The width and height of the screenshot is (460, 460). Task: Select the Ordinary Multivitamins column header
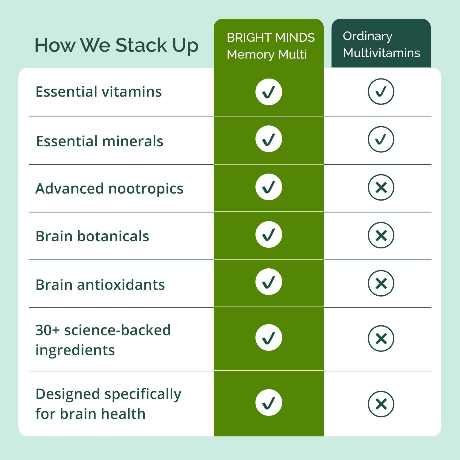(x=381, y=44)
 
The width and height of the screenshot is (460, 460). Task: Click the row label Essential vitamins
(x=99, y=92)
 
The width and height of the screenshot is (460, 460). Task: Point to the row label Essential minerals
(x=100, y=141)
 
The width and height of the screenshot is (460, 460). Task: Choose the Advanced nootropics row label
(x=109, y=189)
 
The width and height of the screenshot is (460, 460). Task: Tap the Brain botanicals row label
(x=92, y=236)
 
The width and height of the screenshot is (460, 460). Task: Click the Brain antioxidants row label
(x=100, y=285)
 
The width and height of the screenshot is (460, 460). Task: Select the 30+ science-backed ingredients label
(x=103, y=340)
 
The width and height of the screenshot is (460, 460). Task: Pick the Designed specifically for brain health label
(x=108, y=404)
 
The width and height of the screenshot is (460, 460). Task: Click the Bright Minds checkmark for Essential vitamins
(x=269, y=92)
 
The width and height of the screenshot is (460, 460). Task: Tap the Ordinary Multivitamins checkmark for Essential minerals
(x=381, y=139)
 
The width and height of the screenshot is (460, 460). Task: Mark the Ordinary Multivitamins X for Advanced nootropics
(x=381, y=187)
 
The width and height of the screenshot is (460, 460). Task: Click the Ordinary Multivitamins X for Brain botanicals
(x=381, y=235)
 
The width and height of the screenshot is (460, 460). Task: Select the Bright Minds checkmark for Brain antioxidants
(x=269, y=282)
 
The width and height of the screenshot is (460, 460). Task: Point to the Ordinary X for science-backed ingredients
(x=381, y=339)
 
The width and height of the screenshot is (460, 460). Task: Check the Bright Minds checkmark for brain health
(x=269, y=403)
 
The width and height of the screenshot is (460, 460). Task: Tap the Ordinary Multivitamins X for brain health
(x=381, y=404)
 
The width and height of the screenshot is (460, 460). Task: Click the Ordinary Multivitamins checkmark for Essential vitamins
(x=381, y=92)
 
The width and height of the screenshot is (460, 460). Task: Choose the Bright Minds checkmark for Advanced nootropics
(x=269, y=187)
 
